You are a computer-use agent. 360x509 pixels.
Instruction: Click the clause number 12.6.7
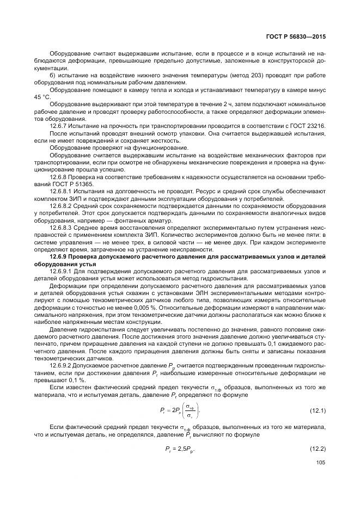coord(59,125)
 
